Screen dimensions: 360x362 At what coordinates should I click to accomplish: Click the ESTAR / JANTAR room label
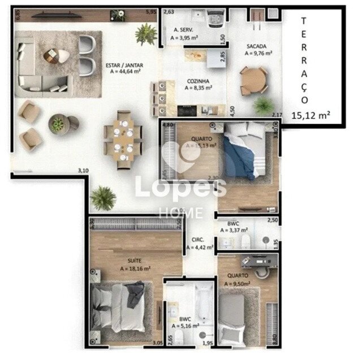click(124, 65)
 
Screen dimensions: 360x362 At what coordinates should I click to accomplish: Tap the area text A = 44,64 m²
click(124, 72)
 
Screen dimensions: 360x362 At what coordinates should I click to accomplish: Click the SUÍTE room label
click(135, 261)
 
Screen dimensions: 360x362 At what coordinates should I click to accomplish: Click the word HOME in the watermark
click(181, 212)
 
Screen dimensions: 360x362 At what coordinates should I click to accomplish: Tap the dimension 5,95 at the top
click(150, 11)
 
